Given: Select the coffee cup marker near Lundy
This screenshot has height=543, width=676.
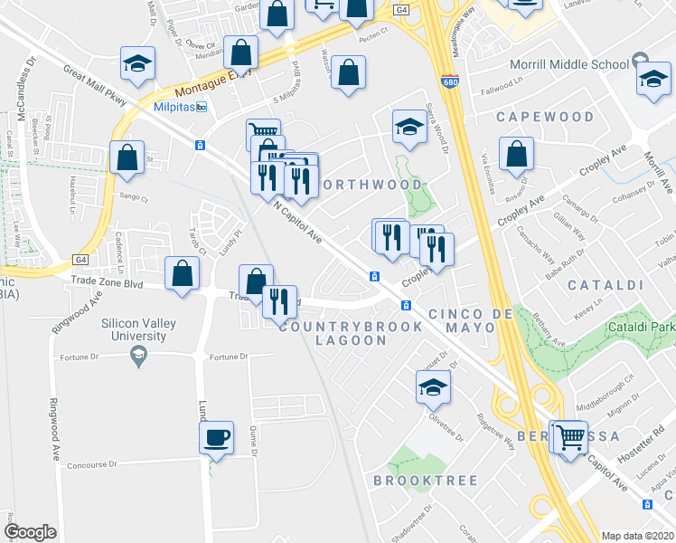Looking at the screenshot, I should pos(216,438).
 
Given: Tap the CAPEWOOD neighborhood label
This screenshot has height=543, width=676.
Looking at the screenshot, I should pos(545,117).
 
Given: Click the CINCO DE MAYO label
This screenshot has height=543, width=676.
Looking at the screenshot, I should pos(465,313).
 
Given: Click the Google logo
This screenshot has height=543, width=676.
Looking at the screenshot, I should pos(30,531).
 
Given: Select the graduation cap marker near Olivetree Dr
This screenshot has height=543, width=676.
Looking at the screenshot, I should pos(433,386).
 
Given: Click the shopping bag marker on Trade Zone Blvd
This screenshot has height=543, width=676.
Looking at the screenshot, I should pos(183,273).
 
